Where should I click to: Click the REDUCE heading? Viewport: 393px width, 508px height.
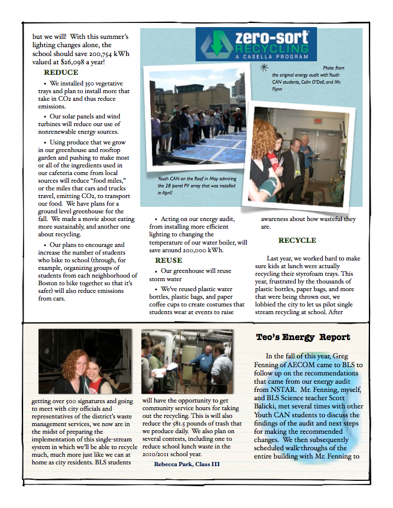61,72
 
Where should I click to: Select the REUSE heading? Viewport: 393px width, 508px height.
169,260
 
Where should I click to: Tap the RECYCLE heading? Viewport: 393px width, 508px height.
297,240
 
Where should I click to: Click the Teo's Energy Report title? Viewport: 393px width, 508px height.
303,338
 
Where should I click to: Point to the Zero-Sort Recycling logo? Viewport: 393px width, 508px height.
256,44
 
